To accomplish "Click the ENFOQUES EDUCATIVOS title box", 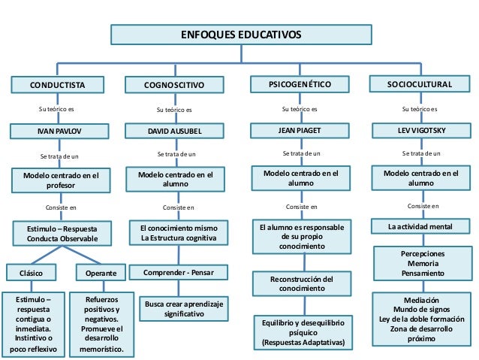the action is pyautogui.click(x=239, y=35).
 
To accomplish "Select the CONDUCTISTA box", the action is pyautogui.click(x=57, y=85).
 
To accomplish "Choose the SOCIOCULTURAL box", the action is pyautogui.click(x=420, y=84).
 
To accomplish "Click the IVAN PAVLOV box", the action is pyautogui.click(x=57, y=132).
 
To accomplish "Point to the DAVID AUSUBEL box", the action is pyautogui.click(x=174, y=132).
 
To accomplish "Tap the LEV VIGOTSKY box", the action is pyautogui.click(x=420, y=131).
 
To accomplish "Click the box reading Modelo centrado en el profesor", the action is pyautogui.click(x=57, y=180).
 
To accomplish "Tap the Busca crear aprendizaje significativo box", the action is pyautogui.click(x=184, y=308).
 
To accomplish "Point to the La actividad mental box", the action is pyautogui.click(x=420, y=225).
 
